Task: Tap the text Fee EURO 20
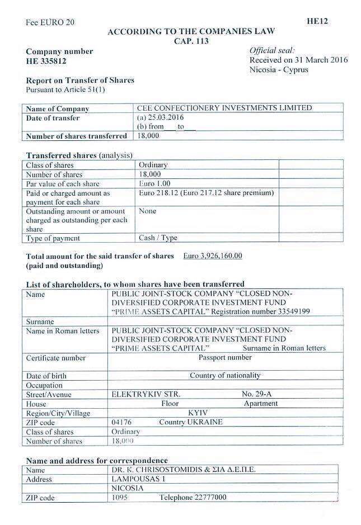[50, 23]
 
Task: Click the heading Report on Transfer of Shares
[81, 81]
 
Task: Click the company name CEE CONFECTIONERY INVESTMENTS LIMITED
[224, 108]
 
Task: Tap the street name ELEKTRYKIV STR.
[142, 394]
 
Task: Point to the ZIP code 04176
[123, 422]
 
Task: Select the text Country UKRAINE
[190, 422]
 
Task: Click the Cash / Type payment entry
[158, 238]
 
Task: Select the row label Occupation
[45, 385]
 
